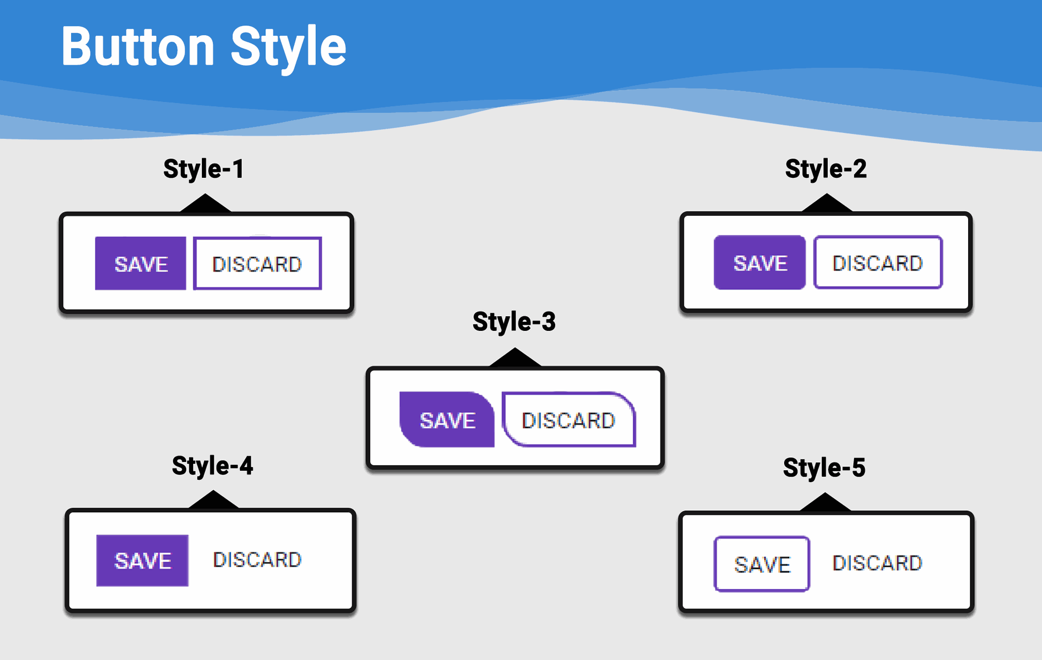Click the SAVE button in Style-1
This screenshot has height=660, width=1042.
pyautogui.click(x=141, y=264)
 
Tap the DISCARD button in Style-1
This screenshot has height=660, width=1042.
pyautogui.click(x=257, y=264)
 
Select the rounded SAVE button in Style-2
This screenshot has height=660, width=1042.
pyautogui.click(x=760, y=262)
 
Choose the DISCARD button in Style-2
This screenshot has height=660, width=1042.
pyautogui.click(x=878, y=262)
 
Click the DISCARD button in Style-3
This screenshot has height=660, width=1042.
pyautogui.click(x=569, y=420)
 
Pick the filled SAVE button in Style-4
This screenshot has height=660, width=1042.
pyautogui.click(x=142, y=561)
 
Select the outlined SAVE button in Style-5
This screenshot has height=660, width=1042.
pyautogui.click(x=762, y=564)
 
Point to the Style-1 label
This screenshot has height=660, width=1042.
pyautogui.click(x=204, y=169)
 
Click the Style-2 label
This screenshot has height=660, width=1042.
pyautogui.click(x=825, y=169)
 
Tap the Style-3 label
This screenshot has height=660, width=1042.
pyautogui.click(x=514, y=322)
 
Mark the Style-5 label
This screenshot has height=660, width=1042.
pyautogui.click(x=824, y=468)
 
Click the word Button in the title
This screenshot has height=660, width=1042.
pyautogui.click(x=138, y=47)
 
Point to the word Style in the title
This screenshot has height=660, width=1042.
pyautogui.click(x=288, y=49)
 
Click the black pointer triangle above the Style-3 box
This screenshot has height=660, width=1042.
pyautogui.click(x=515, y=358)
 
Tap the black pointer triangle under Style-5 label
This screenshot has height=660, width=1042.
pyautogui.click(x=825, y=502)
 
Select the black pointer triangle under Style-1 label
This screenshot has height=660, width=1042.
pyautogui.click(x=206, y=203)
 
